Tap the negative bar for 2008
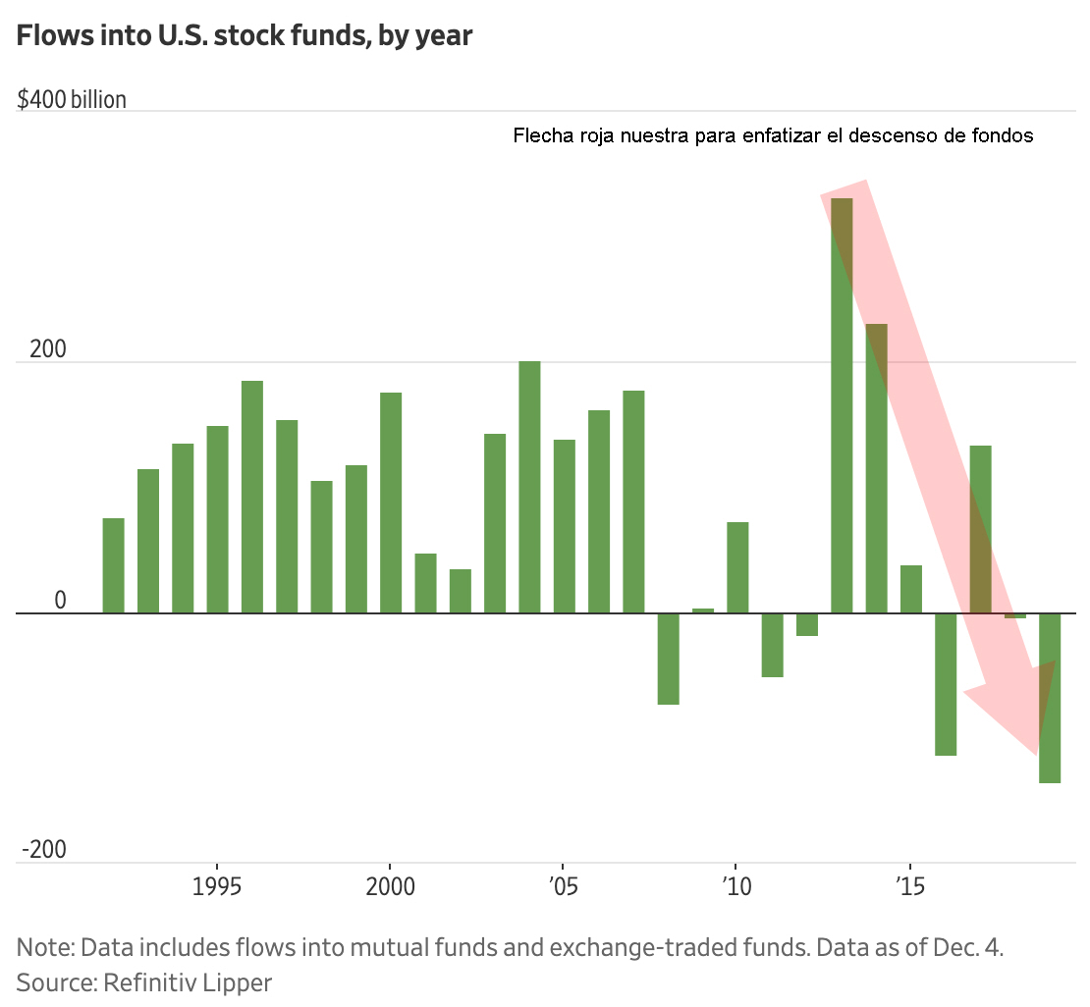click(x=669, y=659)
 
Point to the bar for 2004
click(x=529, y=487)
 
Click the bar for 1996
click(x=252, y=497)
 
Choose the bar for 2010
click(x=737, y=567)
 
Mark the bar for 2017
click(x=980, y=529)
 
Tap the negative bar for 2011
click(x=773, y=645)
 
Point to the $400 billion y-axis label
click(x=72, y=100)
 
